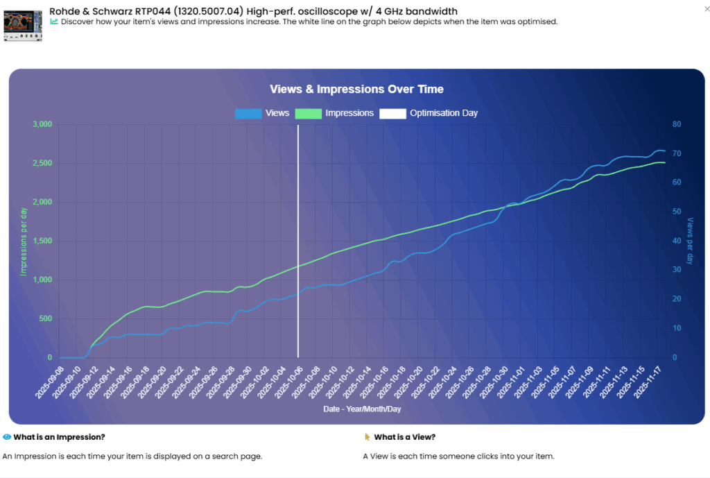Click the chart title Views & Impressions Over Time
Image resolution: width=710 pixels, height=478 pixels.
356,89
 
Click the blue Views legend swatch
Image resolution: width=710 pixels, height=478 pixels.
248,113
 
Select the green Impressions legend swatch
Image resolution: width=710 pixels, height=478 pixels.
309,113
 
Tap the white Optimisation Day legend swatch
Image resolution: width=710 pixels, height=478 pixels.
392,113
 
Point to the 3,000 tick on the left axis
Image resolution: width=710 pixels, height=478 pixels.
42,125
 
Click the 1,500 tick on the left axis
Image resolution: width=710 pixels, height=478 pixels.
42,241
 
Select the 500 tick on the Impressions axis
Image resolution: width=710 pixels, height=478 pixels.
46,319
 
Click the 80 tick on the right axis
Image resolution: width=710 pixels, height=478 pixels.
676,125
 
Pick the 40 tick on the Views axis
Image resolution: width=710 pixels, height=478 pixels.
676,241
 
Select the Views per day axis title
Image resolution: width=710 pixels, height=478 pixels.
690,241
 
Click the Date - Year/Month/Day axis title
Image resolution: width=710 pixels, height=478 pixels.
362,409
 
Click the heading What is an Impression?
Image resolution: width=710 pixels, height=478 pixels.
59,437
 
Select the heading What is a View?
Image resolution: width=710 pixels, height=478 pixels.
404,437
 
